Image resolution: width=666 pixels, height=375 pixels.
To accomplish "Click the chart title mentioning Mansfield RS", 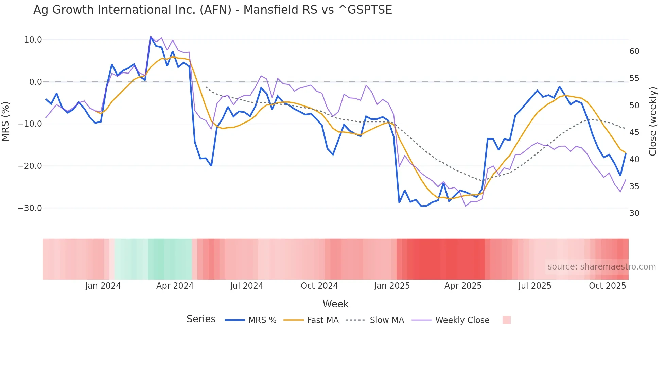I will coord(213,10).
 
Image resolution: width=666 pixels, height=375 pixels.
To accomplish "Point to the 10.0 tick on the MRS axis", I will coord(33,40).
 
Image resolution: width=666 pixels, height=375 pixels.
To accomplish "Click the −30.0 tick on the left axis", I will coord(30,208).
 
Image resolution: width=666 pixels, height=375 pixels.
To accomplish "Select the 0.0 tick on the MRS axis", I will coord(35,82).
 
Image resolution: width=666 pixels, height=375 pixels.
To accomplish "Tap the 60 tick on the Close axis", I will coord(634,51).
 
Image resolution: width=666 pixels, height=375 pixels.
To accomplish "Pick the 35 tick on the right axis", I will coord(634,186).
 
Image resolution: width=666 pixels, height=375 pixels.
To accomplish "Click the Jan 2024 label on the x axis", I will coord(103,286).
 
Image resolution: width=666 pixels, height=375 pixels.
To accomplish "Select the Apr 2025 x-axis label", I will coord(463,286).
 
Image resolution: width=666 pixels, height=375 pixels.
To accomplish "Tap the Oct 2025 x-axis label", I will coord(607,286).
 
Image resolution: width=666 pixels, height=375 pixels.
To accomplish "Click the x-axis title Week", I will coord(335,304).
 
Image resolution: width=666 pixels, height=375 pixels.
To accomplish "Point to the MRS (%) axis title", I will coord(6,121).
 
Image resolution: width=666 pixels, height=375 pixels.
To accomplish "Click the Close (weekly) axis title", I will coord(653,121).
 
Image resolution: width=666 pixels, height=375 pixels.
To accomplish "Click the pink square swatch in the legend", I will coord(506,320).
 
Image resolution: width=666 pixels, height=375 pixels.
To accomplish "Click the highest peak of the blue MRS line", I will coord(151,37).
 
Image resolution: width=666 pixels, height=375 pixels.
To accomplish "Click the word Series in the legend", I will coord(201,319).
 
